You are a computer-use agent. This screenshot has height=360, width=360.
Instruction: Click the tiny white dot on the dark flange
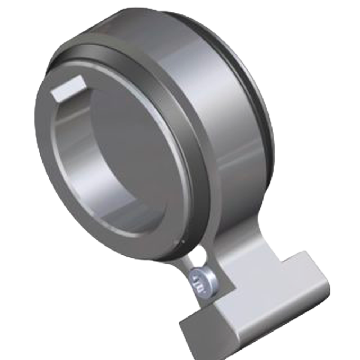(x=183, y=241)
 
